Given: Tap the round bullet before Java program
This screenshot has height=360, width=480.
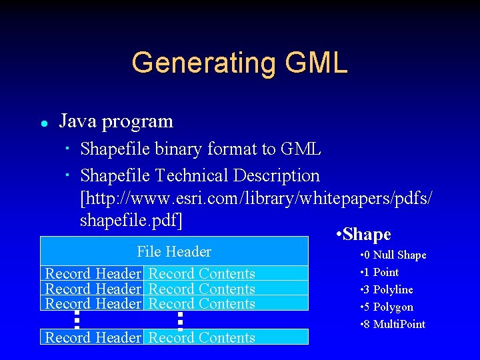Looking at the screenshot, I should pos(43,123).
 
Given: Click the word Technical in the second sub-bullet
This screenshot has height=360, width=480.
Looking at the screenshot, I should pos(192,176).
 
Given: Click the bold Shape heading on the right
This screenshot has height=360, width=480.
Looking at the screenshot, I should pos(364,234).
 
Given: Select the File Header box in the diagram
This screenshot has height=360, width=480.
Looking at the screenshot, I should pos(174,251).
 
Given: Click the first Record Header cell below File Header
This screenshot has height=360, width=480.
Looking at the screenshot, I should pos(93,273).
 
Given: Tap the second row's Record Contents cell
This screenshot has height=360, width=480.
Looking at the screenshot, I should pos(201,289).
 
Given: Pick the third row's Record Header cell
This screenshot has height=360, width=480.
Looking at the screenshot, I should pos(93,303).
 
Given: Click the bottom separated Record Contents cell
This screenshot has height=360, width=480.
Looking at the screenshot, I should pos(201,337).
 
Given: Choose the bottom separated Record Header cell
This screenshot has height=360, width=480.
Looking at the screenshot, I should pos(93,337).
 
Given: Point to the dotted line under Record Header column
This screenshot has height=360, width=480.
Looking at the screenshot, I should pos(77,319).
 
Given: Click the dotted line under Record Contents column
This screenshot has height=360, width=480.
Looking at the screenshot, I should pos(180,319).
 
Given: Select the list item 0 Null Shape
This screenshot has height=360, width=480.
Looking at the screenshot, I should pos(393,255).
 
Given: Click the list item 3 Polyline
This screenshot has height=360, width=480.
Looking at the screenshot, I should pos(386,289).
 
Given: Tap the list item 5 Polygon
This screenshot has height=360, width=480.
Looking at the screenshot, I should pos(386,307).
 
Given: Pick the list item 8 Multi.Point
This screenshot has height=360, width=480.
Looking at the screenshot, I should pos(392,324).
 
